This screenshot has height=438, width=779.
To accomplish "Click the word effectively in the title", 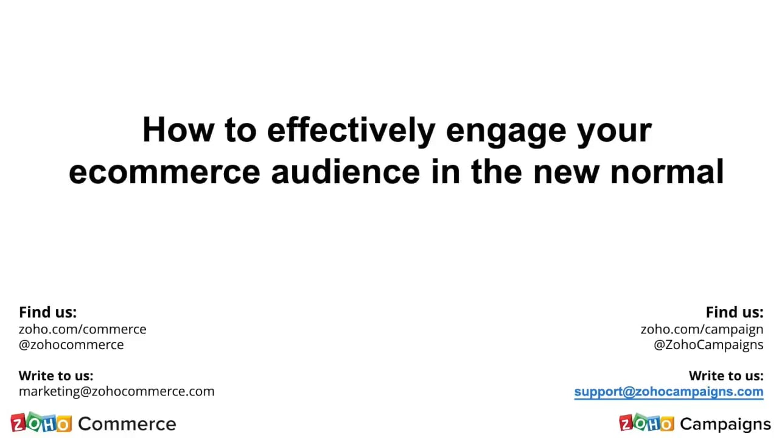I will pos(351,130).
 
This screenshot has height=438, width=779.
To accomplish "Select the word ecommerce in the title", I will pos(164,172).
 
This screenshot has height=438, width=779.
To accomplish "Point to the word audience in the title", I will pos(345,172).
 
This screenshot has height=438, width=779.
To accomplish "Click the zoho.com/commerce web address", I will pos(82,329).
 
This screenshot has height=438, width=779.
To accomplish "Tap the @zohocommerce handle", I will pos(71,345).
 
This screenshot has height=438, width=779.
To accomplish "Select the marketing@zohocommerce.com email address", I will pos(116,391).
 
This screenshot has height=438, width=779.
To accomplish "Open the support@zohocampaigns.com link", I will pos(668,392).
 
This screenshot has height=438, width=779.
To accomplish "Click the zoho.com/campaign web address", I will pos(701,329).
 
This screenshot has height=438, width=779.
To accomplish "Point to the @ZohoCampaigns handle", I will pos(708,345).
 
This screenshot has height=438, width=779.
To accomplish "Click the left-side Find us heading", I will pos(47,312).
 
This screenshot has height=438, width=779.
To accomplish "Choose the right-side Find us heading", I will pos(734,312).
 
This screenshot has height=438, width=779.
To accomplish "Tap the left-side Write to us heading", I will pos(56,376).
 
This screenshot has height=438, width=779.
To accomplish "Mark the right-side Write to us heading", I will pos(725,376).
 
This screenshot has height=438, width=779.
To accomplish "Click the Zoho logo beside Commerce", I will pos(41,423).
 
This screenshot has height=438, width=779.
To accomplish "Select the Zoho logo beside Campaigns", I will pos(646,423).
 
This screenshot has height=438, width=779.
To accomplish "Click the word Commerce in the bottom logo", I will pos(127,424).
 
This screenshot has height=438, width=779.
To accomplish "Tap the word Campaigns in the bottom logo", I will pos(725,424).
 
